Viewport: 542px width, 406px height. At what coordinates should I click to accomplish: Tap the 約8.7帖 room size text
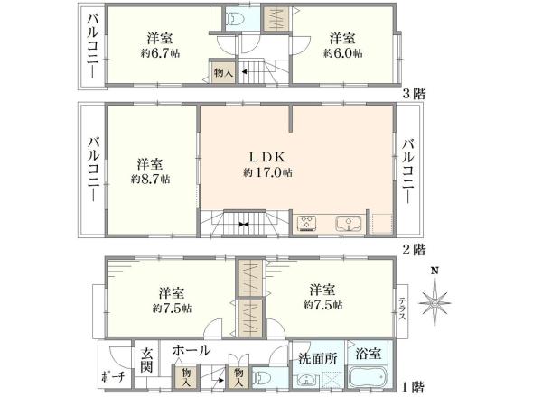click(x=150, y=180)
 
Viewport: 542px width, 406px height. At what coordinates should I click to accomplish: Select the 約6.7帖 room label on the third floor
click(x=161, y=53)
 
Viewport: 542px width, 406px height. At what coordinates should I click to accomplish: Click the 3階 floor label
click(x=415, y=93)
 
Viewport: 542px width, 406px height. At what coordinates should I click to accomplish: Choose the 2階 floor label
click(x=415, y=248)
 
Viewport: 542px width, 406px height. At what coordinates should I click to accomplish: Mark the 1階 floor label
click(x=415, y=387)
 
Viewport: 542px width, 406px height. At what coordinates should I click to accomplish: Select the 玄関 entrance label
click(x=146, y=361)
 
